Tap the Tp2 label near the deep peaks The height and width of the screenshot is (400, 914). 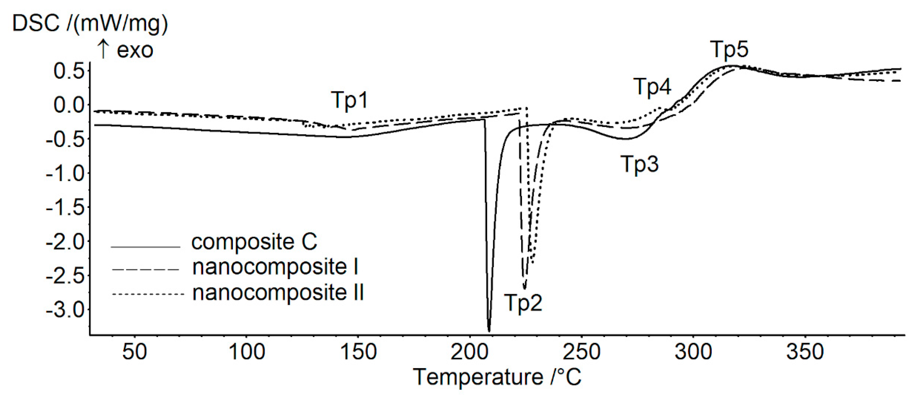523,303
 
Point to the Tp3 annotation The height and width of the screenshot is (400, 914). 639,164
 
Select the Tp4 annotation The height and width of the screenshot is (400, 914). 652,86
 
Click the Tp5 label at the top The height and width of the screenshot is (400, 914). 729,49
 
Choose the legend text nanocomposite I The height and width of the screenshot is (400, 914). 275,267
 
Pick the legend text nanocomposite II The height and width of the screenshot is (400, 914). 278,293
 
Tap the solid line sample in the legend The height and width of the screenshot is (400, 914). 145,247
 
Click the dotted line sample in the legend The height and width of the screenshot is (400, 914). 148,294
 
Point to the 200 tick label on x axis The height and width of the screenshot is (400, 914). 469,352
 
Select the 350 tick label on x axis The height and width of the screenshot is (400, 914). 804,352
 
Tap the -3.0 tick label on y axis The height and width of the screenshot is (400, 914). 66,310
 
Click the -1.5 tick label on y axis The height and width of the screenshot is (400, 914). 66,208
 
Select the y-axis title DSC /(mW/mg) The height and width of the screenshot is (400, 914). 90,24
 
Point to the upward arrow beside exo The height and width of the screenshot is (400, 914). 103,49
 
